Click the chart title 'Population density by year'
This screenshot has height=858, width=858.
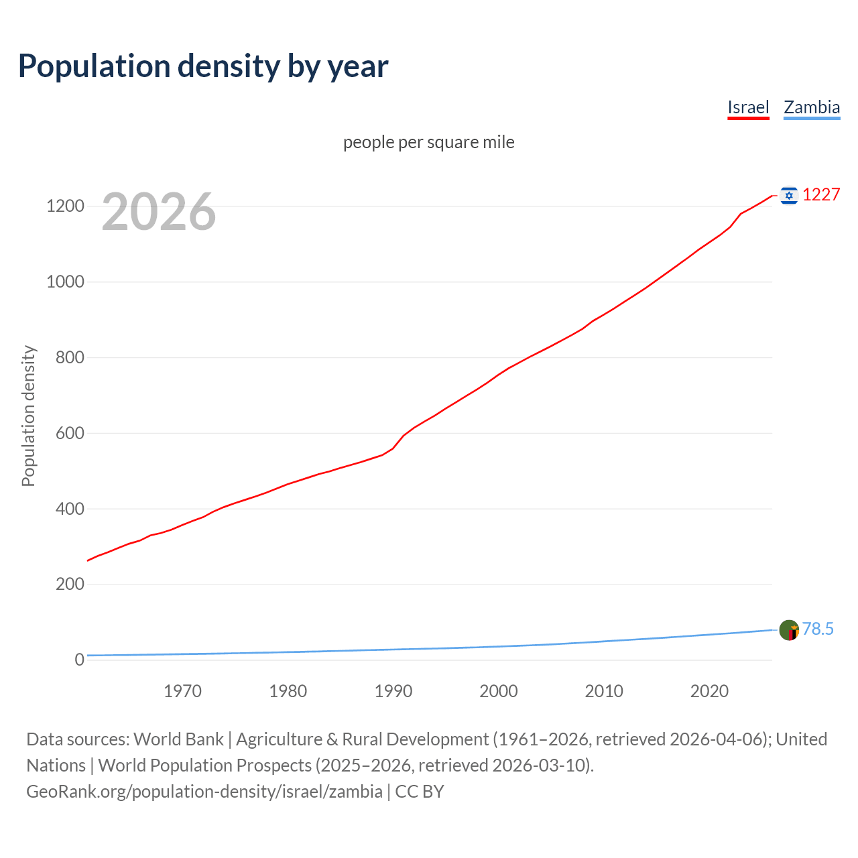(203, 66)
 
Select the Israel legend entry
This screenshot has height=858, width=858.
(748, 107)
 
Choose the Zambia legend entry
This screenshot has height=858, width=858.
(812, 107)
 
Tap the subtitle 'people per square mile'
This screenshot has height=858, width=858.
(429, 142)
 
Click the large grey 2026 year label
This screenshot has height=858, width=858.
(159, 212)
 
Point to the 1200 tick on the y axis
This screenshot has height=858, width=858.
(65, 206)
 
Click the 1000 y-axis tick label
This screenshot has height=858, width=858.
(65, 282)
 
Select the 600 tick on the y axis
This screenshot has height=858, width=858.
(69, 433)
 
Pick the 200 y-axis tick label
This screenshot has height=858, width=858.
(69, 585)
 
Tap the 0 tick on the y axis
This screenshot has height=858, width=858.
(80, 660)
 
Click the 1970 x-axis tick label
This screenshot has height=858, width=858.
(182, 691)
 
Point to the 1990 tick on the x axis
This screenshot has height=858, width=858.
(393, 691)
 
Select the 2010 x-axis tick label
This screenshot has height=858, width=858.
(604, 691)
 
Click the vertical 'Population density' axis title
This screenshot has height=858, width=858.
(28, 416)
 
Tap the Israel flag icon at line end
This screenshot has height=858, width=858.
(789, 195)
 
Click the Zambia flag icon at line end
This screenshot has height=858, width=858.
(789, 630)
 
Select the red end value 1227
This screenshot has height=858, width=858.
(821, 195)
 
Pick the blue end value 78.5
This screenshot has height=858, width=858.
(818, 629)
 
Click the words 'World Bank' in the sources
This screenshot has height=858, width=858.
(178, 739)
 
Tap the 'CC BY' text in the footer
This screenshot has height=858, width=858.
(420, 792)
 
